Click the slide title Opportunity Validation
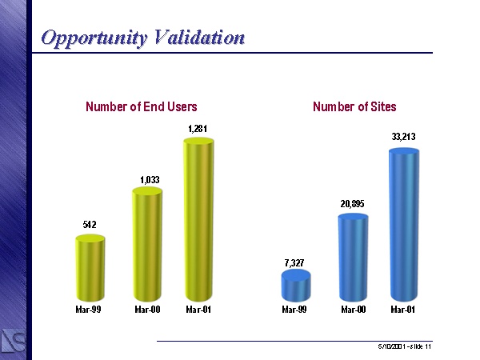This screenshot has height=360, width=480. click(142, 38)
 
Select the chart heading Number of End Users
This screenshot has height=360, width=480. click(142, 106)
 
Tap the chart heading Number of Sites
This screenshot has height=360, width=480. click(354, 106)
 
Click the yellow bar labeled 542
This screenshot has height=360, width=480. click(90, 267)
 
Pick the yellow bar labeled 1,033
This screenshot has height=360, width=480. click(147, 244)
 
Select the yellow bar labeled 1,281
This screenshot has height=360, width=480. click(199, 220)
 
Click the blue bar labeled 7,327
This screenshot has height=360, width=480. click(296, 286)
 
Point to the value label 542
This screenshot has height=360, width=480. click(90, 226)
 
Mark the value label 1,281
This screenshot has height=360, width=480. click(199, 128)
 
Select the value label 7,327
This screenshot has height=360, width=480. click(295, 262)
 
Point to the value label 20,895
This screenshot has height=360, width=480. click(352, 205)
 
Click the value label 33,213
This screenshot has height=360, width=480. click(403, 138)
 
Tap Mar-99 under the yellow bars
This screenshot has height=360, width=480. click(90, 309)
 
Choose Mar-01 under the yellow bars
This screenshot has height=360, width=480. click(199, 309)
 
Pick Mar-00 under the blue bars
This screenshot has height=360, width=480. click(353, 309)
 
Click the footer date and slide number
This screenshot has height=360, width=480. click(405, 346)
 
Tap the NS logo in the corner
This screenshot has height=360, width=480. click(14, 340)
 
